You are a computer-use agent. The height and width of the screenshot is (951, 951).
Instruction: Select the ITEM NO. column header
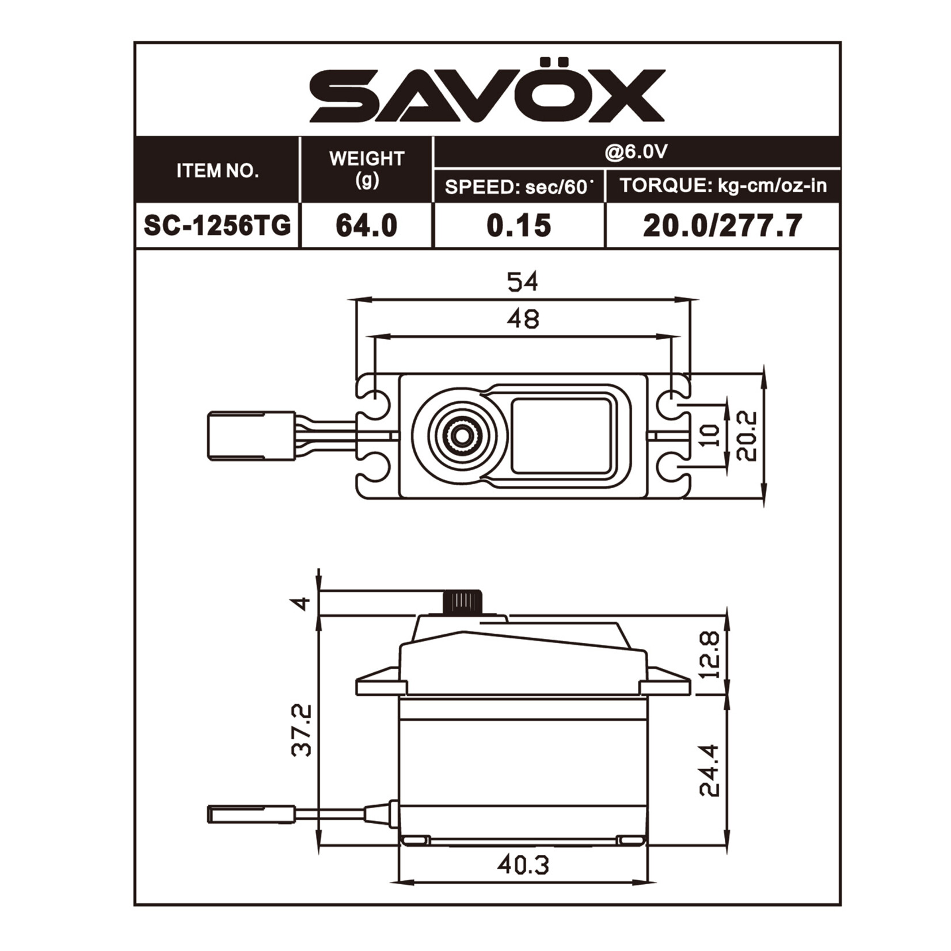pyautogui.click(x=218, y=171)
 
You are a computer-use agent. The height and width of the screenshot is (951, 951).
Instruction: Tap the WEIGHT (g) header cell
pyautogui.click(x=367, y=169)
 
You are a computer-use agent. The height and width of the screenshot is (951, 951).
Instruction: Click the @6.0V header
pyautogui.click(x=636, y=152)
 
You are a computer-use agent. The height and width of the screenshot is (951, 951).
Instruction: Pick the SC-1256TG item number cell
pyautogui.click(x=218, y=225)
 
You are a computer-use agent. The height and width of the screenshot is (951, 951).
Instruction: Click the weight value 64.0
pyautogui.click(x=367, y=225)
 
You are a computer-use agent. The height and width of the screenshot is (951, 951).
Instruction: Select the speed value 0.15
pyautogui.click(x=519, y=225)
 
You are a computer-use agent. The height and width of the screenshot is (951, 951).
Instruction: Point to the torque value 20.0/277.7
pyautogui.click(x=722, y=225)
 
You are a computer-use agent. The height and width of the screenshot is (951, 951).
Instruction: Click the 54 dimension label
pyautogui.click(x=522, y=282)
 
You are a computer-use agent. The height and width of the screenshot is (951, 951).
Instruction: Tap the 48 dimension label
pyautogui.click(x=523, y=318)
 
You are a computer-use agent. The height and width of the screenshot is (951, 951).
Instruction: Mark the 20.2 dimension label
pyautogui.click(x=746, y=436)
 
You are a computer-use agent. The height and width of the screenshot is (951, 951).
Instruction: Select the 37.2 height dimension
pyautogui.click(x=301, y=730)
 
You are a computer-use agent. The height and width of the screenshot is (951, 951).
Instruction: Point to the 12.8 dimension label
pyautogui.click(x=710, y=655)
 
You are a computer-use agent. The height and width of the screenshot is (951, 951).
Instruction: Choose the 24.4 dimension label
pyautogui.click(x=710, y=771)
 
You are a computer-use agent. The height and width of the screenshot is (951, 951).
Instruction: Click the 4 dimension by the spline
pyautogui.click(x=301, y=603)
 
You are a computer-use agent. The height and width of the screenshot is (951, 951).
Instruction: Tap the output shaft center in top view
pyautogui.click(x=460, y=436)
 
